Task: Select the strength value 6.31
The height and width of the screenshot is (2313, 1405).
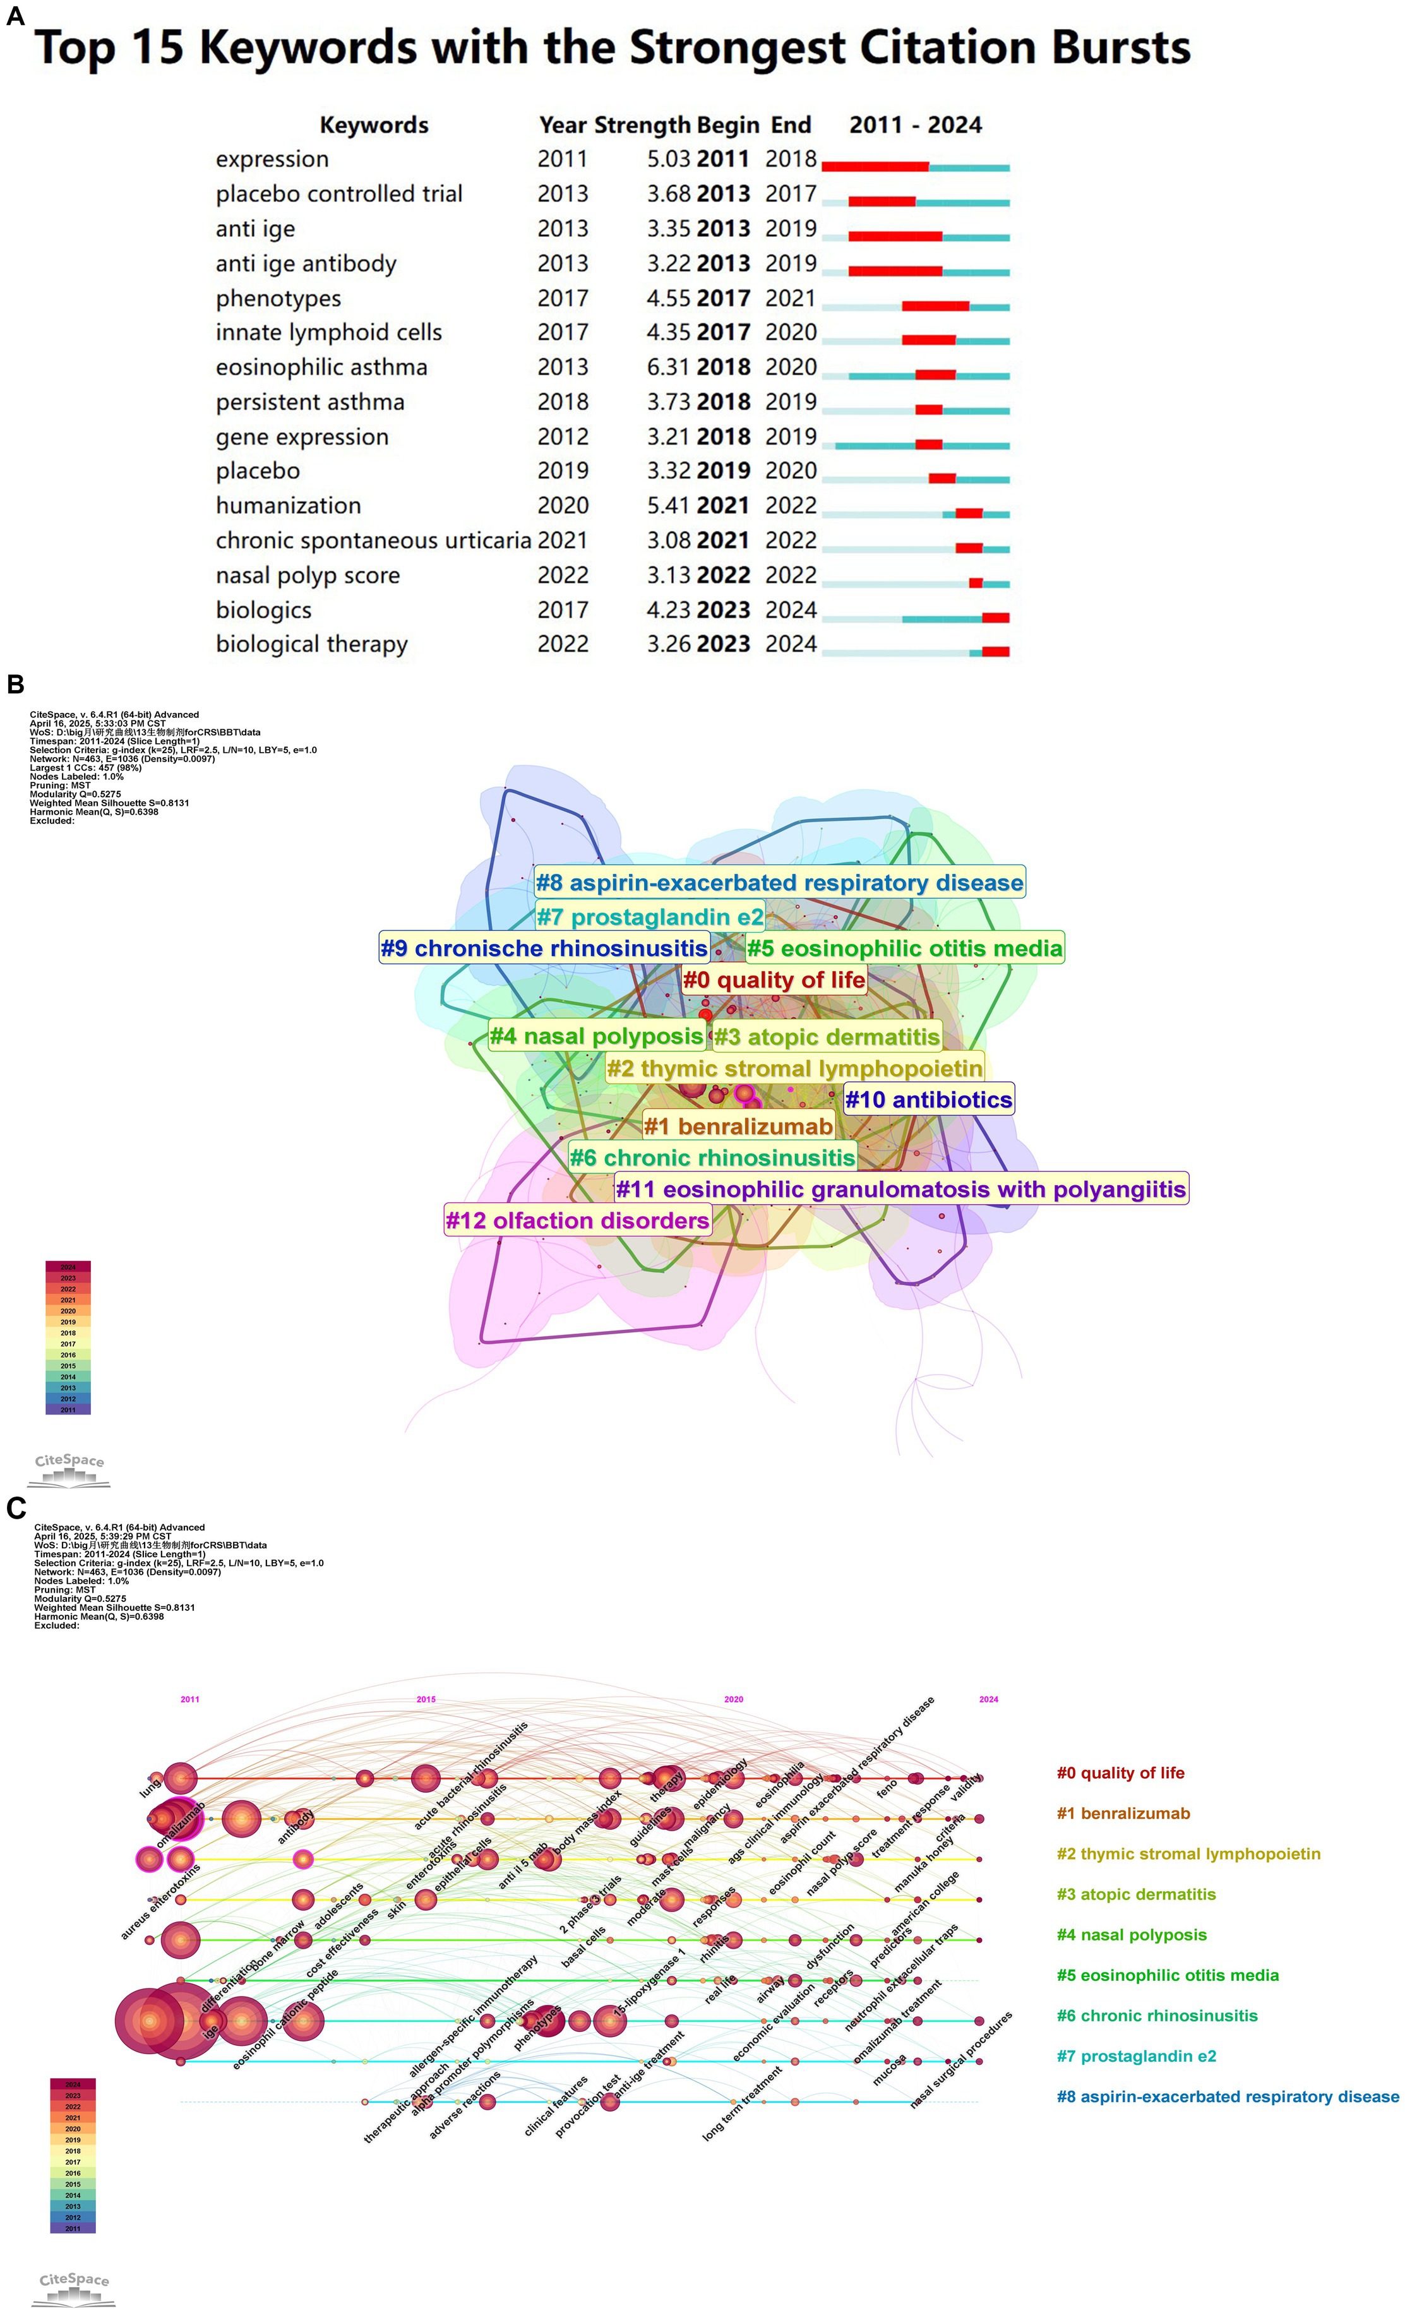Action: pos(668,367)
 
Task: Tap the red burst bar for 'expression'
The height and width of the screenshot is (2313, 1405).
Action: pos(875,166)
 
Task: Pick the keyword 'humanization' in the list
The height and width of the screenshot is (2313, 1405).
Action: pos(288,506)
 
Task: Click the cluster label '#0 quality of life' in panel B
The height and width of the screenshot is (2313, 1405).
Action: pos(774,980)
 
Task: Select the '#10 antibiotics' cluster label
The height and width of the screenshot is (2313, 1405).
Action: pos(928,1099)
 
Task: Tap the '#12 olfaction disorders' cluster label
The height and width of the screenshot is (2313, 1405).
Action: pos(577,1221)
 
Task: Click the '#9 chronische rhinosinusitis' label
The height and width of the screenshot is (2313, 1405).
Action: pos(544,948)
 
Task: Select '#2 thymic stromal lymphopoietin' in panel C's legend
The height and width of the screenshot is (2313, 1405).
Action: pos(1188,1854)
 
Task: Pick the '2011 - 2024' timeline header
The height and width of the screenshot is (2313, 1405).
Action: pos(915,126)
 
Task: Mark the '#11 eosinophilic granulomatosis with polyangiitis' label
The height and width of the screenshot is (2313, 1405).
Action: pos(901,1190)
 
